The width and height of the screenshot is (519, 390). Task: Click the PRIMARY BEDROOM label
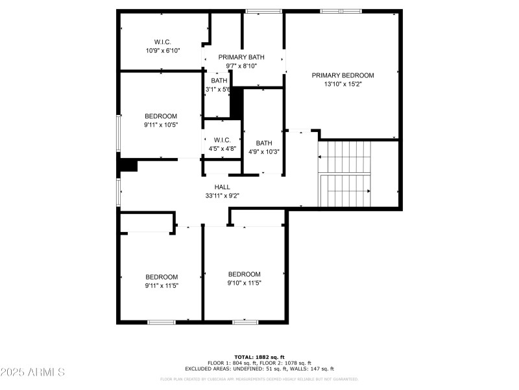pyautogui.click(x=343, y=75)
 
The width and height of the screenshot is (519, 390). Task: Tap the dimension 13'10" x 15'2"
pyautogui.click(x=343, y=84)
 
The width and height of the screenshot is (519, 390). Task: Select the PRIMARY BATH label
pyautogui.click(x=241, y=57)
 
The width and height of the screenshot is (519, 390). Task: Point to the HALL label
pyautogui.click(x=223, y=187)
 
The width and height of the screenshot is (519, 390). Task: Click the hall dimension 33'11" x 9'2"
pyautogui.click(x=223, y=195)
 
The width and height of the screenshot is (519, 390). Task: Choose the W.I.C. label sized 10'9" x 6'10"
pyautogui.click(x=162, y=42)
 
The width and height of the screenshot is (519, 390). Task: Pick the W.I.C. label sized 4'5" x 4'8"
pyautogui.click(x=222, y=140)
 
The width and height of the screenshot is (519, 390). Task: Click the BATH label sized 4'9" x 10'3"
pyautogui.click(x=264, y=143)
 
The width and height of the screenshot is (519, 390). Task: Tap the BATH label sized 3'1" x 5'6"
pyautogui.click(x=219, y=81)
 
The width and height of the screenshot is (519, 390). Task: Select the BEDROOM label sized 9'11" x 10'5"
pyautogui.click(x=160, y=116)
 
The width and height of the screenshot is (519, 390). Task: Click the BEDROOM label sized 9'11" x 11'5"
pyautogui.click(x=162, y=276)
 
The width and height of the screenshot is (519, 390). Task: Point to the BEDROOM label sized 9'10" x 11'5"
pyautogui.click(x=245, y=274)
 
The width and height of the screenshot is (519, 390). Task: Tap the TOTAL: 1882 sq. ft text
pyautogui.click(x=259, y=357)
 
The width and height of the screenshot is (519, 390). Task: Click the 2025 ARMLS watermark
pyautogui.click(x=32, y=372)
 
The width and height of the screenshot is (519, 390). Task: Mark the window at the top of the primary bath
pyautogui.click(x=263, y=11)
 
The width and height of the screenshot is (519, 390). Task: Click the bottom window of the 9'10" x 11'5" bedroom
pyautogui.click(x=245, y=322)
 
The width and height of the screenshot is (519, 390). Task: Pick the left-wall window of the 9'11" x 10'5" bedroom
pyautogui.click(x=118, y=134)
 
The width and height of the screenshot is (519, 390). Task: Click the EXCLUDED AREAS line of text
pyautogui.click(x=259, y=369)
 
